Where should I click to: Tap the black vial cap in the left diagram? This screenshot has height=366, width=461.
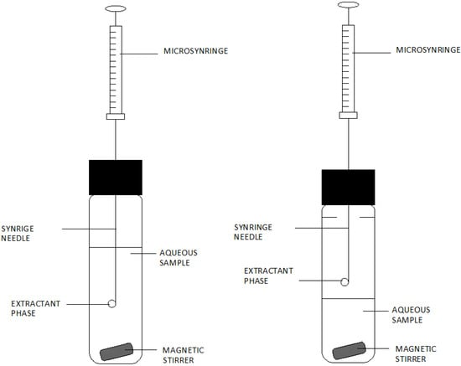(x=116, y=178)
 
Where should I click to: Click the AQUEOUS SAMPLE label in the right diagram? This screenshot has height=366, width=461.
(x=416, y=315)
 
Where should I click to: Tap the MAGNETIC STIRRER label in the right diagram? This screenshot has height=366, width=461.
(x=416, y=354)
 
